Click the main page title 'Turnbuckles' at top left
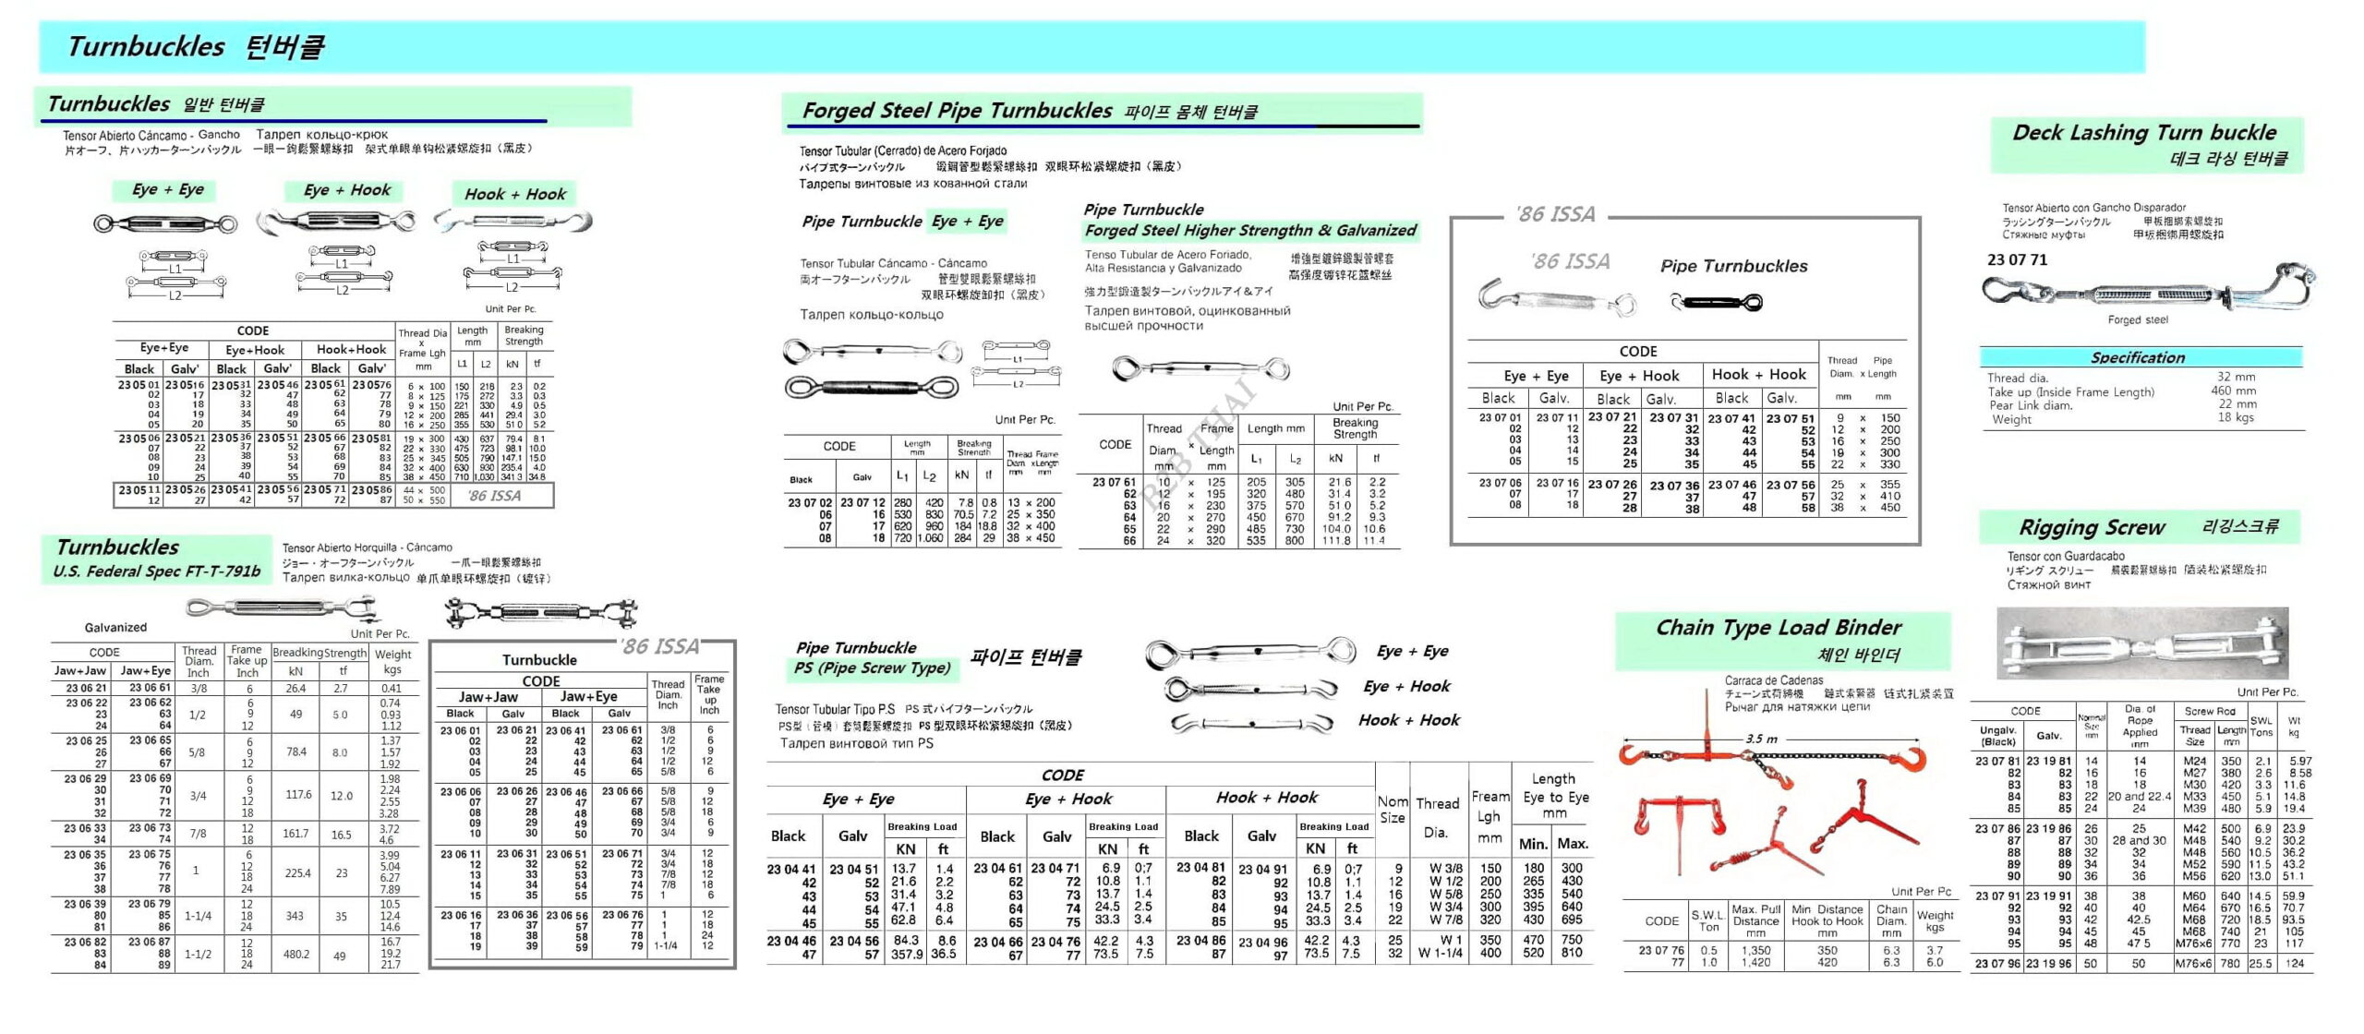pos(146,46)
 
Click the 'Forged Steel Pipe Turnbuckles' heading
pos(957,111)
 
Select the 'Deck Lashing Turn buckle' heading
pos(2144,133)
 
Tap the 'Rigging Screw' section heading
pos(2092,528)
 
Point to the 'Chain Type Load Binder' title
pos(1778,628)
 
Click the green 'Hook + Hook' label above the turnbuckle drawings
pos(514,194)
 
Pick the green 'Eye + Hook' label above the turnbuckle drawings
pos(347,190)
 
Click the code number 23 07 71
pos(2017,260)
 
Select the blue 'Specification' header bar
pos(2138,357)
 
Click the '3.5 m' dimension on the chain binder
pos(1761,739)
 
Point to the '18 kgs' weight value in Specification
pos(2236,417)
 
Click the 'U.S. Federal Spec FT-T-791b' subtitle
pos(156,571)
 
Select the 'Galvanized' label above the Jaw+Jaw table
pos(115,628)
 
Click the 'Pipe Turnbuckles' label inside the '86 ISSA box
pos(1733,266)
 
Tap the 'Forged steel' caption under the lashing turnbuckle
pos(2138,320)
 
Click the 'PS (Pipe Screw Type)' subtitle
pos(872,667)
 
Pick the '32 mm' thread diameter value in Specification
pos(2236,377)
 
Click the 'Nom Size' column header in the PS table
pos(1393,810)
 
